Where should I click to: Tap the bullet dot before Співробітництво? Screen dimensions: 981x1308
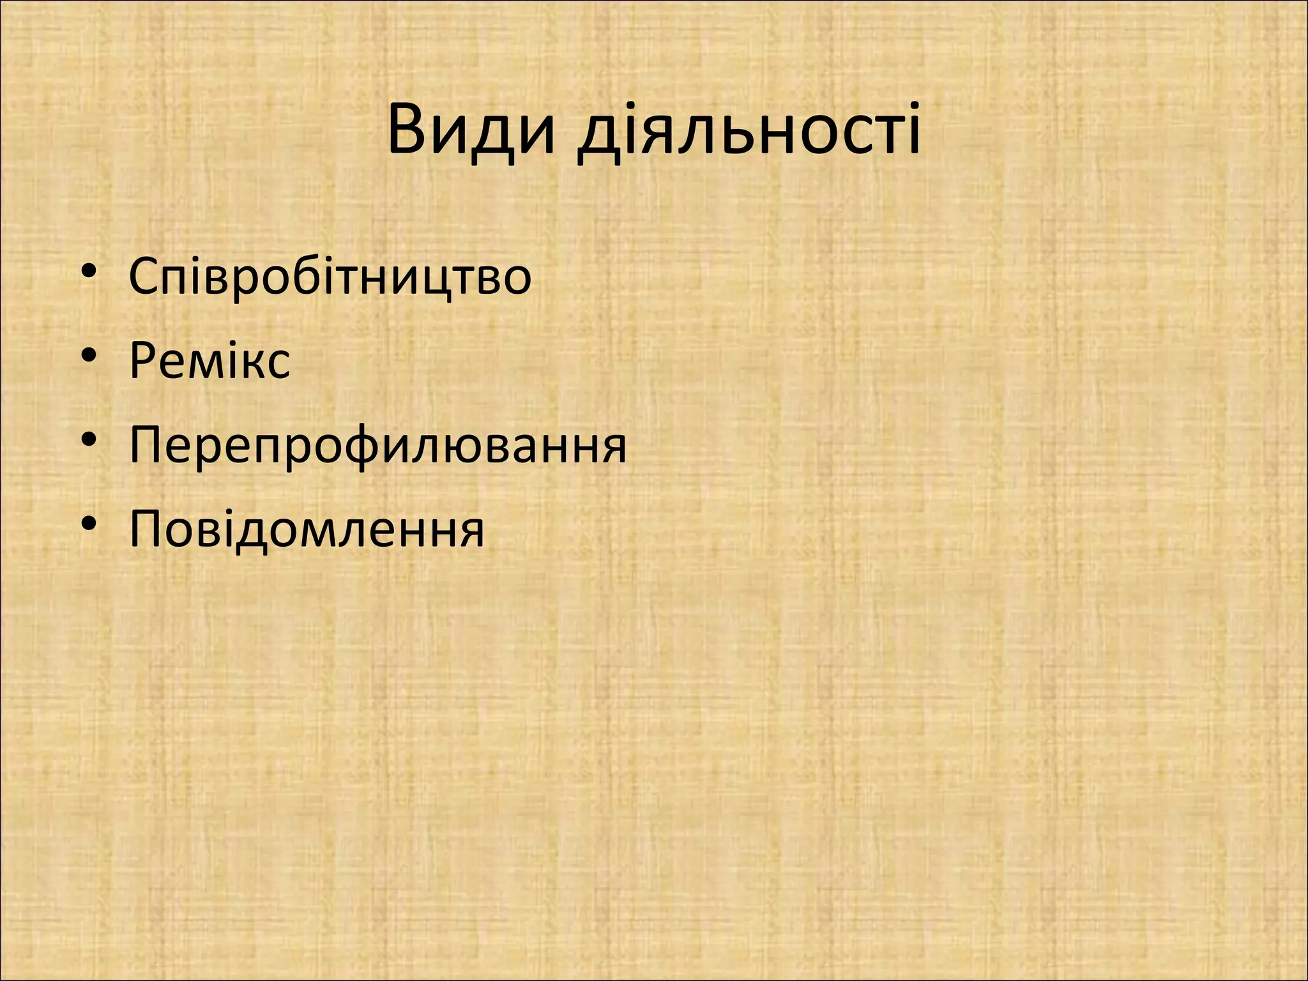[x=89, y=271]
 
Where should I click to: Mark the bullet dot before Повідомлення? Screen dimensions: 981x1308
[x=89, y=524]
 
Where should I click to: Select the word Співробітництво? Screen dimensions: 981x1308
[x=330, y=276]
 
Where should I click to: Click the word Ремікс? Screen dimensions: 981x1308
[x=209, y=361]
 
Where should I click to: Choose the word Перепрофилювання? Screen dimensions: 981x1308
[x=377, y=445]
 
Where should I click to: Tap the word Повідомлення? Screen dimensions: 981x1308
[x=307, y=529]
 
